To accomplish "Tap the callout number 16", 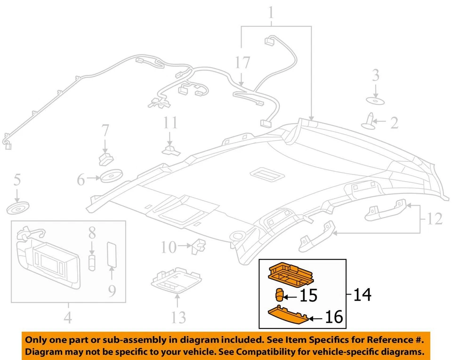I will (333, 318).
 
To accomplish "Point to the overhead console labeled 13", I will (170, 283).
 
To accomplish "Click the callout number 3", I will (375, 75).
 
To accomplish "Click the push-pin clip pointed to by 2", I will (370, 120).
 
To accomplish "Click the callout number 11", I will (170, 123).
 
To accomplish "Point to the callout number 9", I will (112, 292).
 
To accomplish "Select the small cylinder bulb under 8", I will (92, 261).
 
